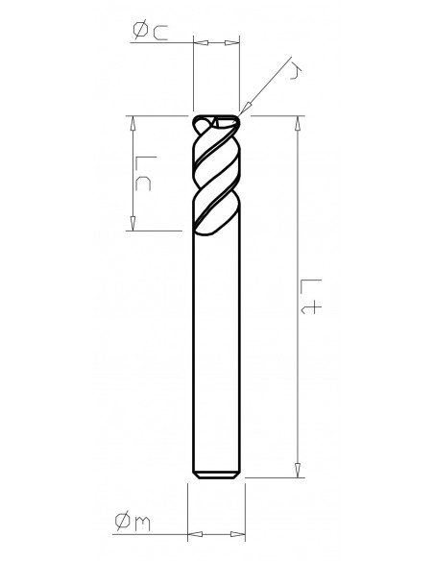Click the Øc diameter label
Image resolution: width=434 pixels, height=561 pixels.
coord(149,33)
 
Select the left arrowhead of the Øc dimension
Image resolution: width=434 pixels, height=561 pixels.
coord(200,42)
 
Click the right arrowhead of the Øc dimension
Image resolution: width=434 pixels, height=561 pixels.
coord(231,42)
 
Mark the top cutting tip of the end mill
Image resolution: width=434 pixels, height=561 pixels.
coord(215,120)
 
